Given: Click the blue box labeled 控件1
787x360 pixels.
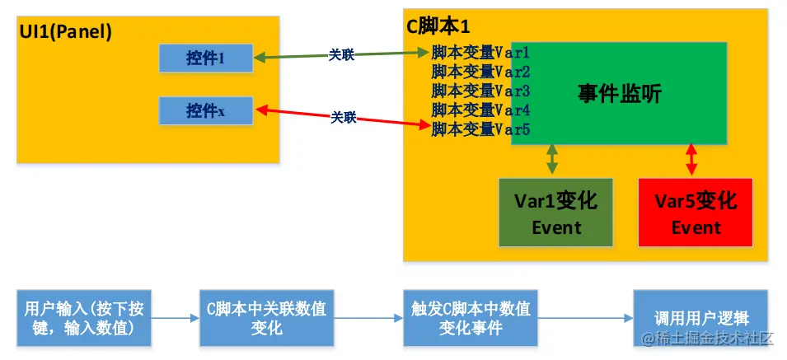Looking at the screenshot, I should [206, 58].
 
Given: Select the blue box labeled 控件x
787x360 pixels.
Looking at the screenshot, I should [206, 110].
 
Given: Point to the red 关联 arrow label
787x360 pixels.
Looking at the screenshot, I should [344, 118].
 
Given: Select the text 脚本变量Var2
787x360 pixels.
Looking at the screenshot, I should [480, 72].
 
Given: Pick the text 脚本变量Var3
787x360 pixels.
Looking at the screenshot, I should [480, 91].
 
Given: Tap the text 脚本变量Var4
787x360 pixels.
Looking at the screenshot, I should [480, 110].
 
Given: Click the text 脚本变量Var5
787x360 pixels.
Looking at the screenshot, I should [480, 129].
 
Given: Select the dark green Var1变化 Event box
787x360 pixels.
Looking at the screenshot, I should [556, 213].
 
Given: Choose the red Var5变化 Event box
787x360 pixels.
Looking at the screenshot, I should [696, 213].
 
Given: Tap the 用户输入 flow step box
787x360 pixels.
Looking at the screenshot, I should [85, 318].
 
